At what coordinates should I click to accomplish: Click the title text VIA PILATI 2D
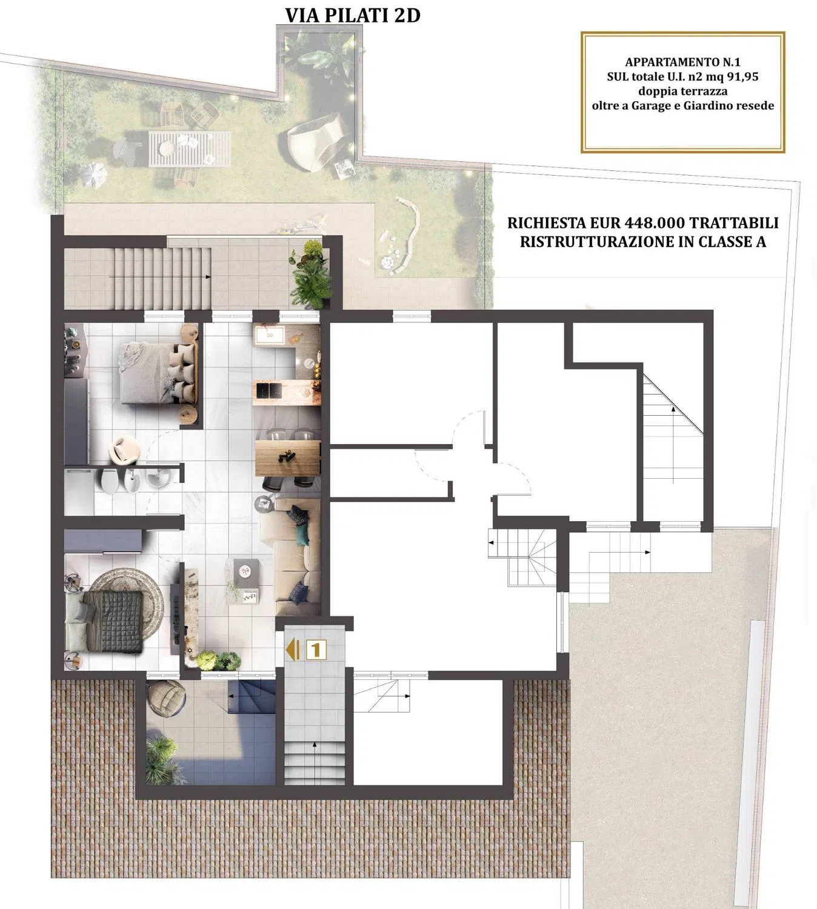coord(353,15)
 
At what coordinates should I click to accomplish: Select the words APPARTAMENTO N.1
coord(683,62)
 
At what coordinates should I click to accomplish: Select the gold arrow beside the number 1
coord(292,650)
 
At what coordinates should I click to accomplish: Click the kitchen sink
coord(270,336)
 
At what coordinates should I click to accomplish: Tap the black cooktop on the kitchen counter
coord(270,389)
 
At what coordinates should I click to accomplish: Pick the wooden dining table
coord(287,458)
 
